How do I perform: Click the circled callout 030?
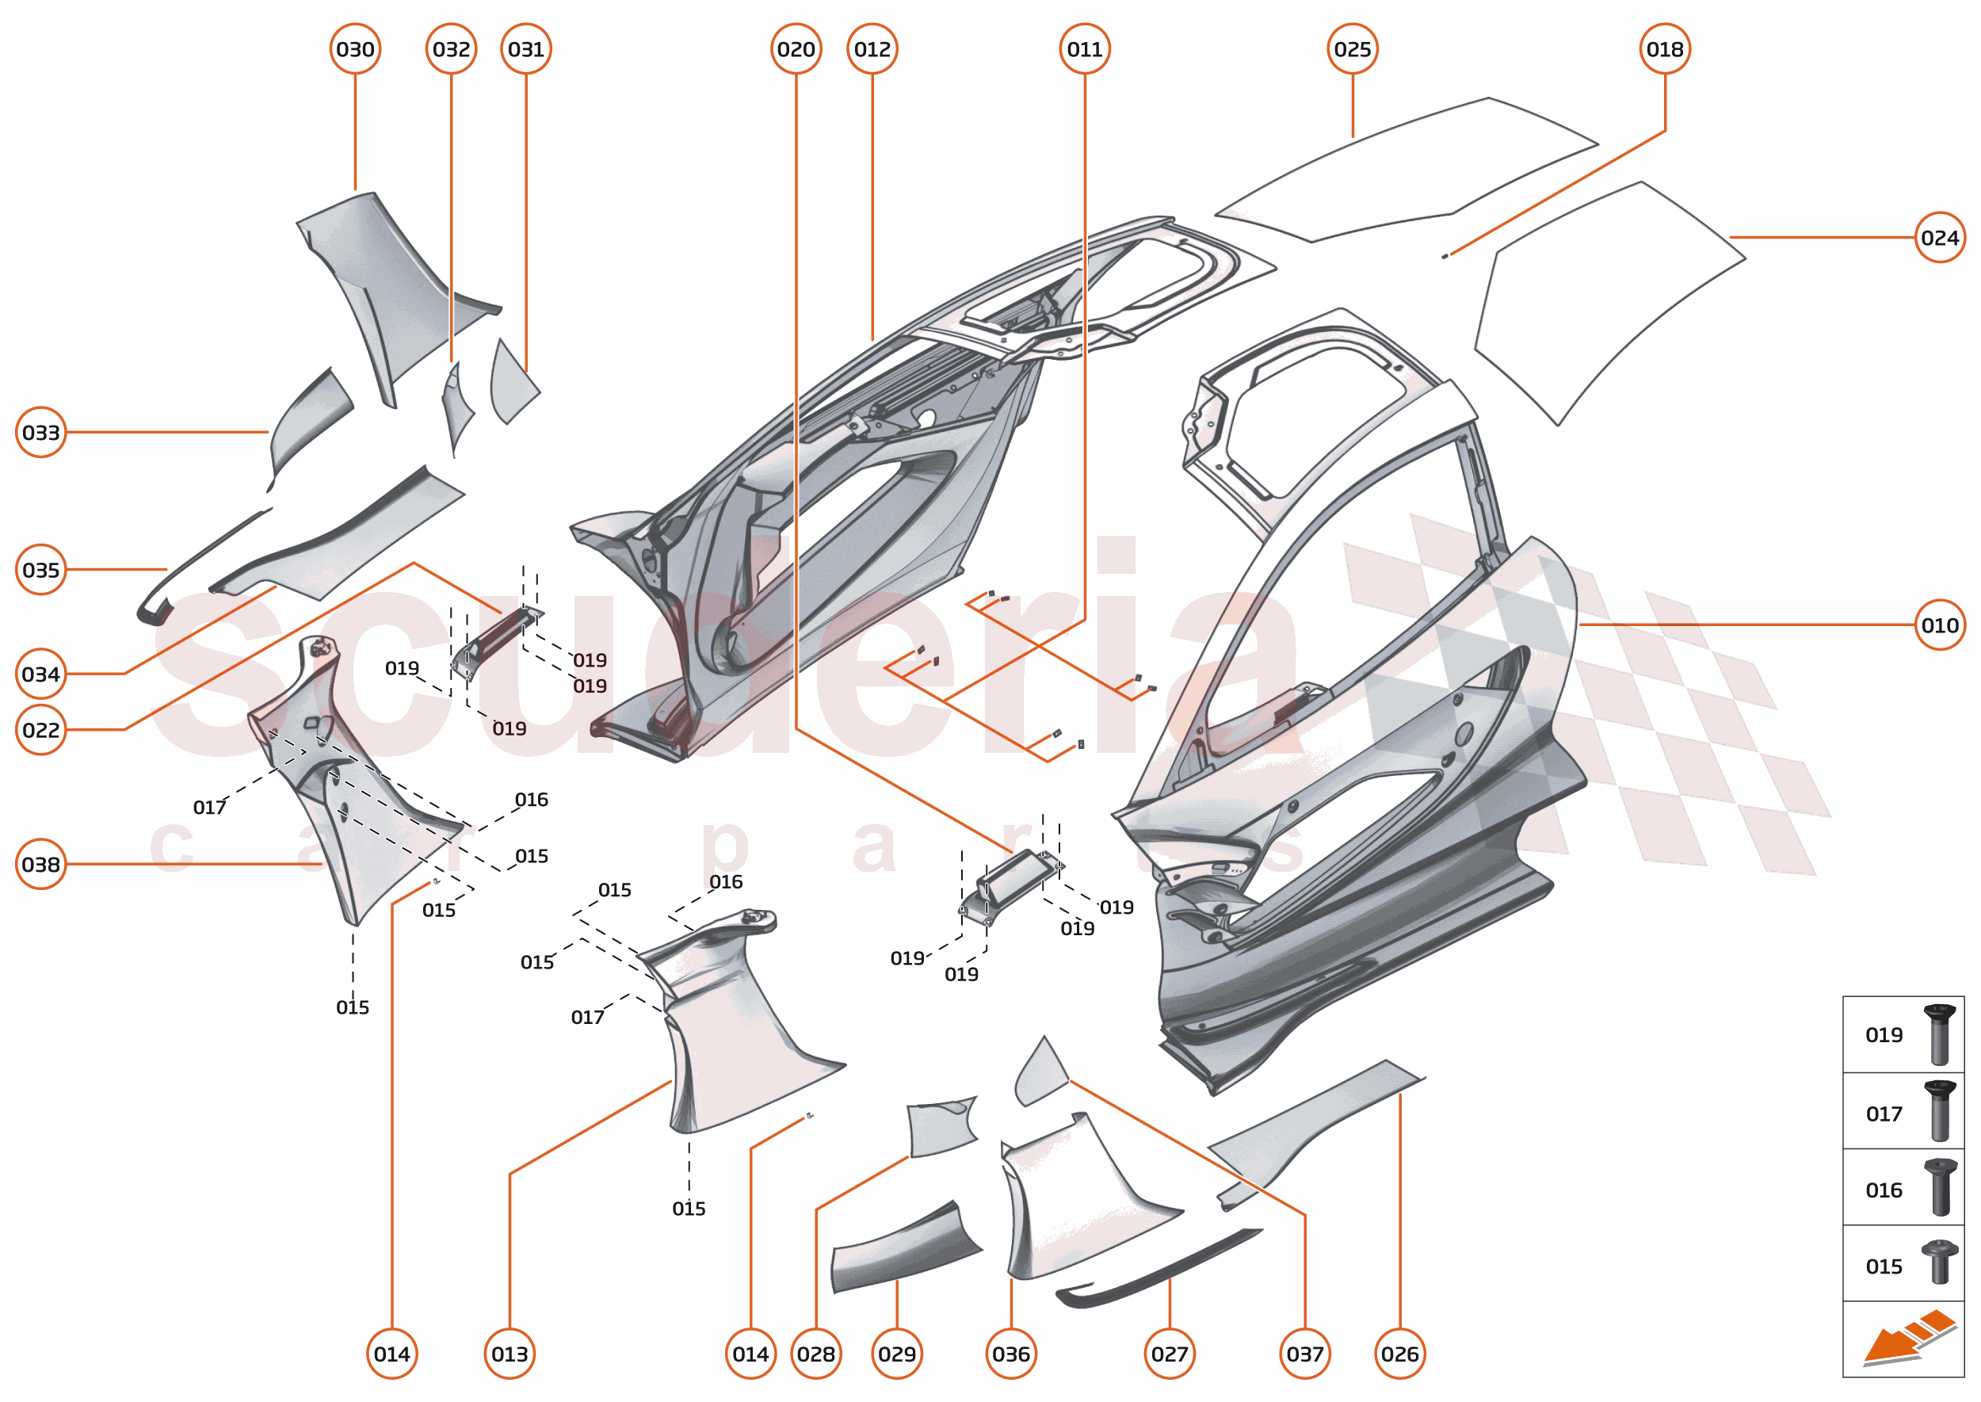pyautogui.click(x=355, y=49)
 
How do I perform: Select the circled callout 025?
pyautogui.click(x=1352, y=49)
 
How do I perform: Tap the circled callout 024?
pyautogui.click(x=1940, y=238)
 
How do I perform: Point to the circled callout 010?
pyautogui.click(x=1940, y=625)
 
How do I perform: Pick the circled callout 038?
pyautogui.click(x=40, y=864)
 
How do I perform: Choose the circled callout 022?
pyautogui.click(x=40, y=731)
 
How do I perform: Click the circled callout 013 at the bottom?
pyautogui.click(x=510, y=1354)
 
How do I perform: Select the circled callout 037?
pyautogui.click(x=1304, y=1354)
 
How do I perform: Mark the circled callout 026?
pyautogui.click(x=1399, y=1354)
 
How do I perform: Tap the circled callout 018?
pyautogui.click(x=1664, y=49)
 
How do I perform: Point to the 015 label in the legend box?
pyautogui.click(x=1884, y=1266)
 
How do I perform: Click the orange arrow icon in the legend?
pyautogui.click(x=1907, y=1339)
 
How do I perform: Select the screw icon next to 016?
pyautogui.click(x=1940, y=1187)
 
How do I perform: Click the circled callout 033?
pyautogui.click(x=40, y=433)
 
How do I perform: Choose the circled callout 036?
pyautogui.click(x=1011, y=1354)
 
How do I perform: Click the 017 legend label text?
pyautogui.click(x=1884, y=1114)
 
